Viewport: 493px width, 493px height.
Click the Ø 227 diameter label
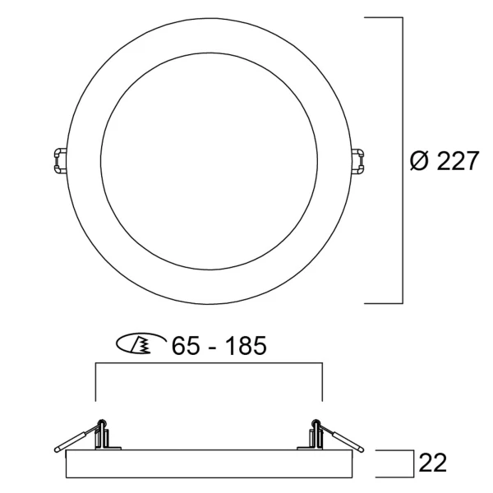pos(445,161)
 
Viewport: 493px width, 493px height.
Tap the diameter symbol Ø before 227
pos(420,161)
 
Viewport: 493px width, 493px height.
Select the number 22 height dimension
pos(433,463)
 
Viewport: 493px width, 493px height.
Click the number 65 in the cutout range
pos(186,346)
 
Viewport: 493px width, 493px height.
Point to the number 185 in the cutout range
pos(246,346)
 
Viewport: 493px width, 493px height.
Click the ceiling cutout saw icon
pos(141,343)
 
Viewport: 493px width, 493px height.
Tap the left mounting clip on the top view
pos(60,160)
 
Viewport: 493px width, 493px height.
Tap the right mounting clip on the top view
pos(357,162)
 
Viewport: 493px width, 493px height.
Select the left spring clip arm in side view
pos(78,439)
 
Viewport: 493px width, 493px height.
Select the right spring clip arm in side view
pos(340,439)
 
